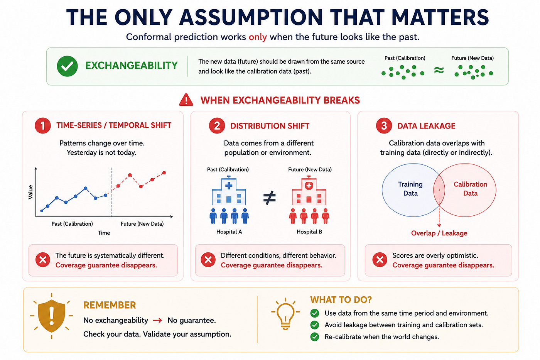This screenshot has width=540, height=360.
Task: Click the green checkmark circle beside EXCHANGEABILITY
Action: coord(67,66)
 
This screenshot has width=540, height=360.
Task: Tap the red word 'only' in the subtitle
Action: coord(258,37)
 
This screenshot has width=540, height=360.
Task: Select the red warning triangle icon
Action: coord(186,100)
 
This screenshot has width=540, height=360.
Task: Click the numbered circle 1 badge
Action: coord(43,126)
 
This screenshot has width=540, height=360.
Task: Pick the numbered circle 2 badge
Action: coord(217,126)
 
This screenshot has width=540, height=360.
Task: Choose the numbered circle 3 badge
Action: coord(384,126)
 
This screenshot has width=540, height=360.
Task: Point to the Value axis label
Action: coord(30,192)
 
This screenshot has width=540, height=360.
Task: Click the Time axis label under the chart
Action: coord(104,233)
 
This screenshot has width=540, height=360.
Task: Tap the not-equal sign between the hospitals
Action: coord(269,198)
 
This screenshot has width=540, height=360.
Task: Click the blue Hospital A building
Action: coord(229,191)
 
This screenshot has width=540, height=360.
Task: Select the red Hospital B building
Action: coord(309,191)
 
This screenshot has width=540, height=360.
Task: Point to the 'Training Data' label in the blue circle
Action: coord(410,189)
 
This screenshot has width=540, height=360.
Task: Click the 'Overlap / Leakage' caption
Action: coord(439,233)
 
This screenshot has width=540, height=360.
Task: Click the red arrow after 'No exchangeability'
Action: coord(158,321)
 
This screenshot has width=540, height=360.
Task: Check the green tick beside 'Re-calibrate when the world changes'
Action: coord(315,337)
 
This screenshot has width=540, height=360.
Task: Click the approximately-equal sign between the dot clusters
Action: coord(439,70)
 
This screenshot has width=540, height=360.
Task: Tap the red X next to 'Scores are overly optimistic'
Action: coord(380,260)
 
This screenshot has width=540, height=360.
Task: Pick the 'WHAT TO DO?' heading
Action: coord(341,300)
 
